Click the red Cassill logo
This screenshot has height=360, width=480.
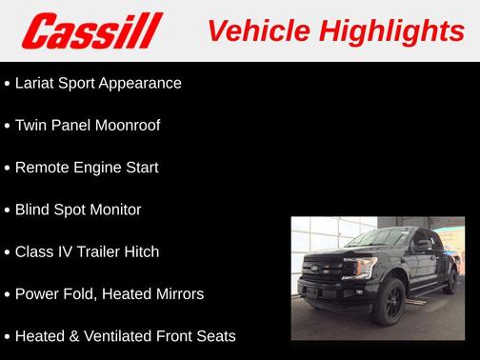(x=93, y=30)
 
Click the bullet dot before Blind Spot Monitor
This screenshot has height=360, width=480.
(x=8, y=210)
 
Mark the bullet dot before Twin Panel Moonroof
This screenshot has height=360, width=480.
(x=8, y=126)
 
